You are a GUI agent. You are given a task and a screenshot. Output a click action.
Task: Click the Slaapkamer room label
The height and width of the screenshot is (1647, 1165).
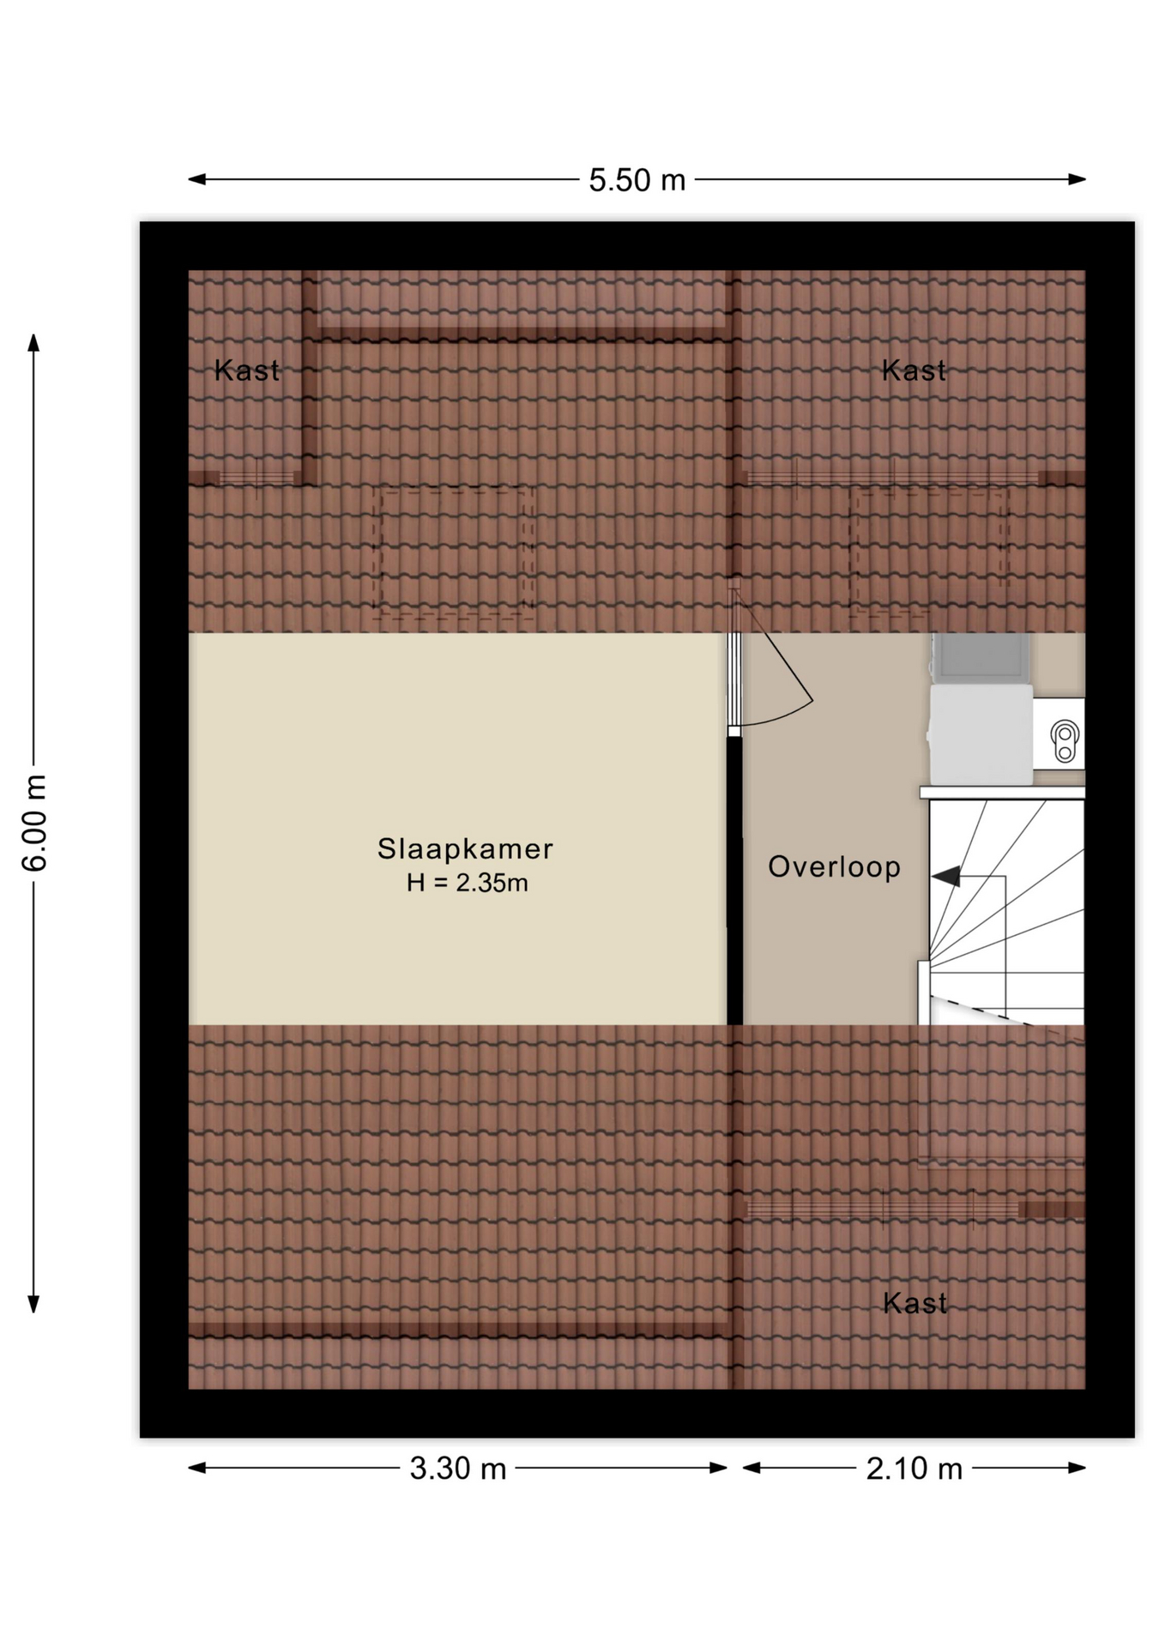click(465, 849)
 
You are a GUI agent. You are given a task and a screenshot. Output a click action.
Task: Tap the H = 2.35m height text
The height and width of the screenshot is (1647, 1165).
click(467, 883)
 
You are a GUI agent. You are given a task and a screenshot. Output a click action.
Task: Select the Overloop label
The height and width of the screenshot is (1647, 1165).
click(834, 867)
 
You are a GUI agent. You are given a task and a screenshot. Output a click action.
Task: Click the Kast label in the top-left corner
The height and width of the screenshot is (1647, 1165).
click(246, 371)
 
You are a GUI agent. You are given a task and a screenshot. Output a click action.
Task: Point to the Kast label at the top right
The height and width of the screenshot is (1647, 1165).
click(914, 371)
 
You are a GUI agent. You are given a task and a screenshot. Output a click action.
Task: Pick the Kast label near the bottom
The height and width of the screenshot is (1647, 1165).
click(914, 1304)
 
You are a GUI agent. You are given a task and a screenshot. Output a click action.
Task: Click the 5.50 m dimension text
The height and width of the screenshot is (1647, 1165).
click(637, 180)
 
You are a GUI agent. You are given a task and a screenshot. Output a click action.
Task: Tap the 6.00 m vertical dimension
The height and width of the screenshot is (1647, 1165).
click(35, 823)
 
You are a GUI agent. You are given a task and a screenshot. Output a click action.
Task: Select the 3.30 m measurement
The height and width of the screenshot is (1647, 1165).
click(457, 1469)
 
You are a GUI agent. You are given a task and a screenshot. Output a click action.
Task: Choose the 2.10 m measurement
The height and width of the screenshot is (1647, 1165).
click(914, 1469)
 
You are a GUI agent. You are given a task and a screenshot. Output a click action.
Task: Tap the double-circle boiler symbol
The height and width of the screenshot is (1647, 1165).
click(1065, 741)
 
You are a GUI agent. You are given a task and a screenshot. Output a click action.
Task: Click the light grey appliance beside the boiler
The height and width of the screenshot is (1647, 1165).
click(981, 734)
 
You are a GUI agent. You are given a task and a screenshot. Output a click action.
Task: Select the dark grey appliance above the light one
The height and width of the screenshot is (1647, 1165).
click(981, 658)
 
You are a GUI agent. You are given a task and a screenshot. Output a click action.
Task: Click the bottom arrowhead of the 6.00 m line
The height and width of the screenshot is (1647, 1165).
click(34, 1304)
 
